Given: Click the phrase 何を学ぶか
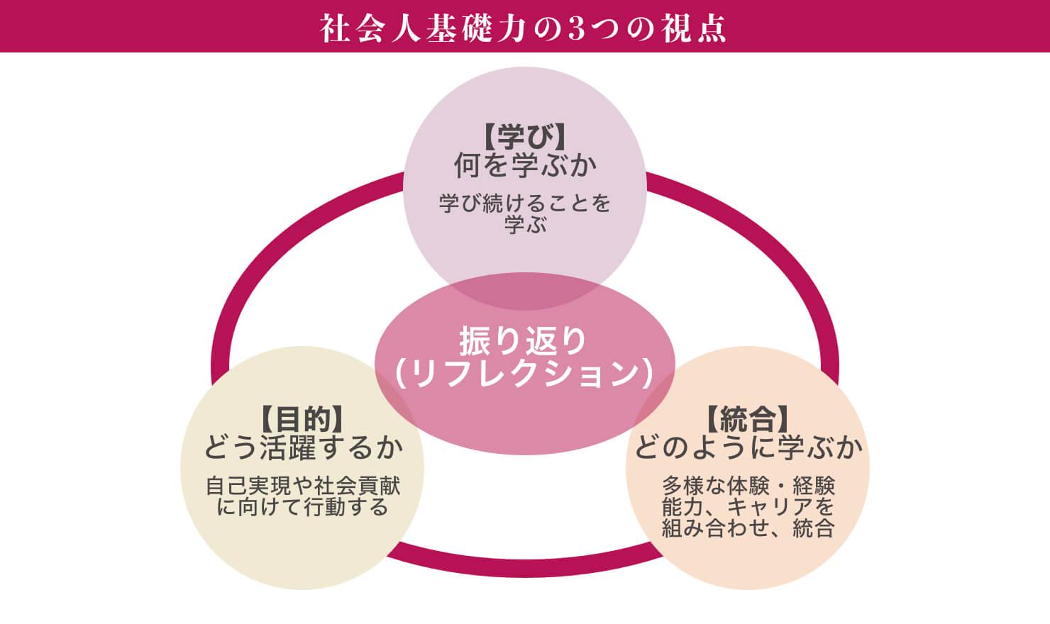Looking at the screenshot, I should point(525,166).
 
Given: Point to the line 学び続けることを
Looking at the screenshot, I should point(525,204).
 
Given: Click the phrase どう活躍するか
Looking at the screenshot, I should point(304,447).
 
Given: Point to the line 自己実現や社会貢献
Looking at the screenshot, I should point(304,486).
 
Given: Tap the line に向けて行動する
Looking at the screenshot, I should point(304,508).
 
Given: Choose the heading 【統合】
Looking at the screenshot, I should point(748,419).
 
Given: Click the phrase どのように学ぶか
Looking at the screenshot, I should point(748,447).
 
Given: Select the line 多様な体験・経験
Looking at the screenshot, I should point(748,486).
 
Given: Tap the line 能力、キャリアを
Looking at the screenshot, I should point(748,507).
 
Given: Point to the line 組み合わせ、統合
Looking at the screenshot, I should point(748,528).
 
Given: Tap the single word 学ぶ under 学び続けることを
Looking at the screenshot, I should point(525,225).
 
